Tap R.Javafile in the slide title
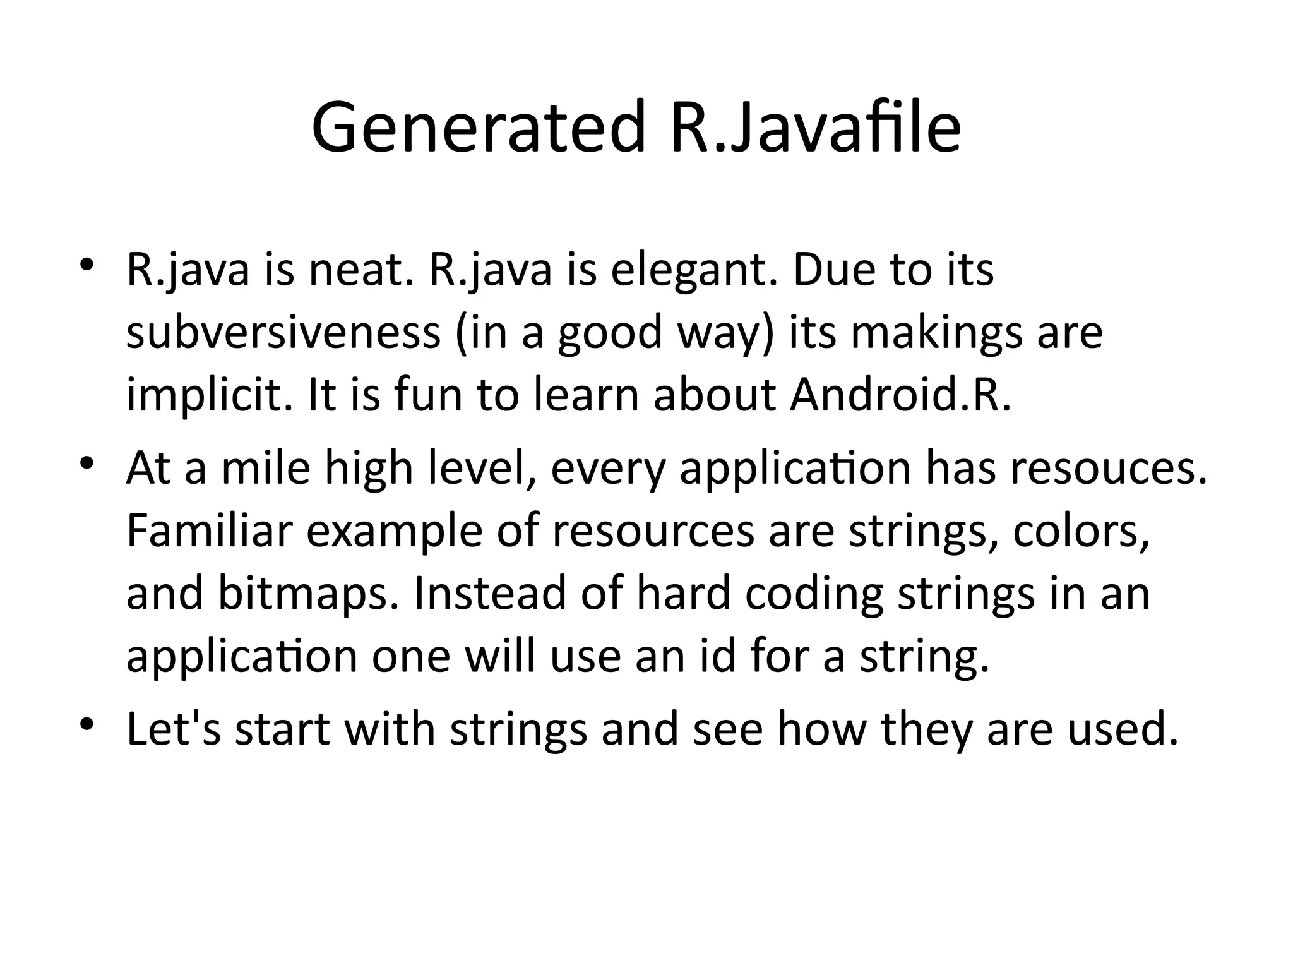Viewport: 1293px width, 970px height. (815, 128)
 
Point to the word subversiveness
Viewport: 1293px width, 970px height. (283, 333)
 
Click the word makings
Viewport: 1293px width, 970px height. (936, 334)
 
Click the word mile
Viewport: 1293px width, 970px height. (266, 468)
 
